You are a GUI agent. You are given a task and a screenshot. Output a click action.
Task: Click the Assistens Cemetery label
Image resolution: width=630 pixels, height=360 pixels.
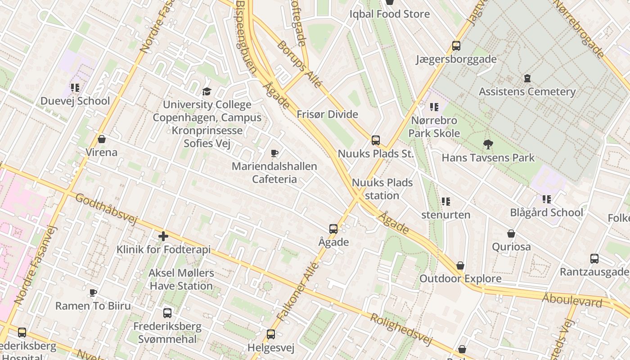coord(527,92)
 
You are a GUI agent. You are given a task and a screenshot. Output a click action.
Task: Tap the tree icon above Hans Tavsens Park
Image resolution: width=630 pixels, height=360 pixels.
coord(488,144)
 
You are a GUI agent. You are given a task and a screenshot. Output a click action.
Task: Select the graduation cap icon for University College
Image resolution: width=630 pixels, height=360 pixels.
coord(207,91)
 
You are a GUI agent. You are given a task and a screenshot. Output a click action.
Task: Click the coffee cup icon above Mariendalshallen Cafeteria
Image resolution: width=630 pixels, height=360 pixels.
coord(274,153)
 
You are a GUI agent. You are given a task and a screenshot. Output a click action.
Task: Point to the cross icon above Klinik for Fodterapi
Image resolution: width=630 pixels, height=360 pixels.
coord(163,236)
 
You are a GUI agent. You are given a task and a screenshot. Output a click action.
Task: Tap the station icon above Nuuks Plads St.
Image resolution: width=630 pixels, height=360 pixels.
coord(376,140)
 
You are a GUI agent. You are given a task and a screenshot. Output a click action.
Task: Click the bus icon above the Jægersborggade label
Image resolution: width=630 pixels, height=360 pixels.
coord(456,46)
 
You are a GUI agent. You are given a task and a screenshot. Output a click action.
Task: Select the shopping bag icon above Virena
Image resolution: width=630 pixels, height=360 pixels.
coord(102,139)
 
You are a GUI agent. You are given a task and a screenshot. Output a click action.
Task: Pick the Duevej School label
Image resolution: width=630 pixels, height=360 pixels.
coord(75,101)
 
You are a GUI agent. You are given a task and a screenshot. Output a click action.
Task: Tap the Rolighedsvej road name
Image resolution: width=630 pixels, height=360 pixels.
coord(400,329)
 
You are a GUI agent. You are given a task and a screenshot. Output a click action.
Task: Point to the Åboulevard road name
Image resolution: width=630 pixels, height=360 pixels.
coord(571,300)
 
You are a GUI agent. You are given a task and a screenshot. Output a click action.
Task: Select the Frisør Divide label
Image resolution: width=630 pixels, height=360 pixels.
coord(327,114)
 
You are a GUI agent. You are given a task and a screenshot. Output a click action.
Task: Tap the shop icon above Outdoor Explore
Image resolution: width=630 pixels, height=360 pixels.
coord(460,265)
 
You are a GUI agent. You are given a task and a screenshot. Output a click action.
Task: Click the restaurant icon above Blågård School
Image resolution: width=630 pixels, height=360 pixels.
coord(547,199)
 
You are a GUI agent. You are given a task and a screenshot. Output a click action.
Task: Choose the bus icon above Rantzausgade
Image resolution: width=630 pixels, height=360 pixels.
coord(594,259)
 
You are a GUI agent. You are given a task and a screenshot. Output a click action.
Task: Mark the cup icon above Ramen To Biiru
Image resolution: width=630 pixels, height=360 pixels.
coord(93,293)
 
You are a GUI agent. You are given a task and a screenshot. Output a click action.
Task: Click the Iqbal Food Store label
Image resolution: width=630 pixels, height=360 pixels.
coord(390,14)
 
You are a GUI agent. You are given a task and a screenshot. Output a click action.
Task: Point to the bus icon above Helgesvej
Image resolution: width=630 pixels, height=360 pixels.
coord(270,334)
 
